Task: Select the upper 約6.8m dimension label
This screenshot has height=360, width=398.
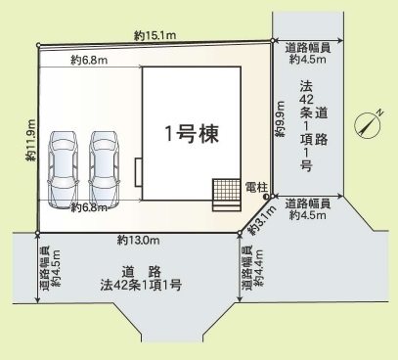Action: click(89, 61)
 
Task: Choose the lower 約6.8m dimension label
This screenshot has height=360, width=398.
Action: click(90, 207)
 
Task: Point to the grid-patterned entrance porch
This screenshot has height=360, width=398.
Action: click(225, 191)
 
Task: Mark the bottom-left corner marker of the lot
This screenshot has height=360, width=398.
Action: click(37, 233)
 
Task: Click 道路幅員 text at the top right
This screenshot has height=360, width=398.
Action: click(306, 47)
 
